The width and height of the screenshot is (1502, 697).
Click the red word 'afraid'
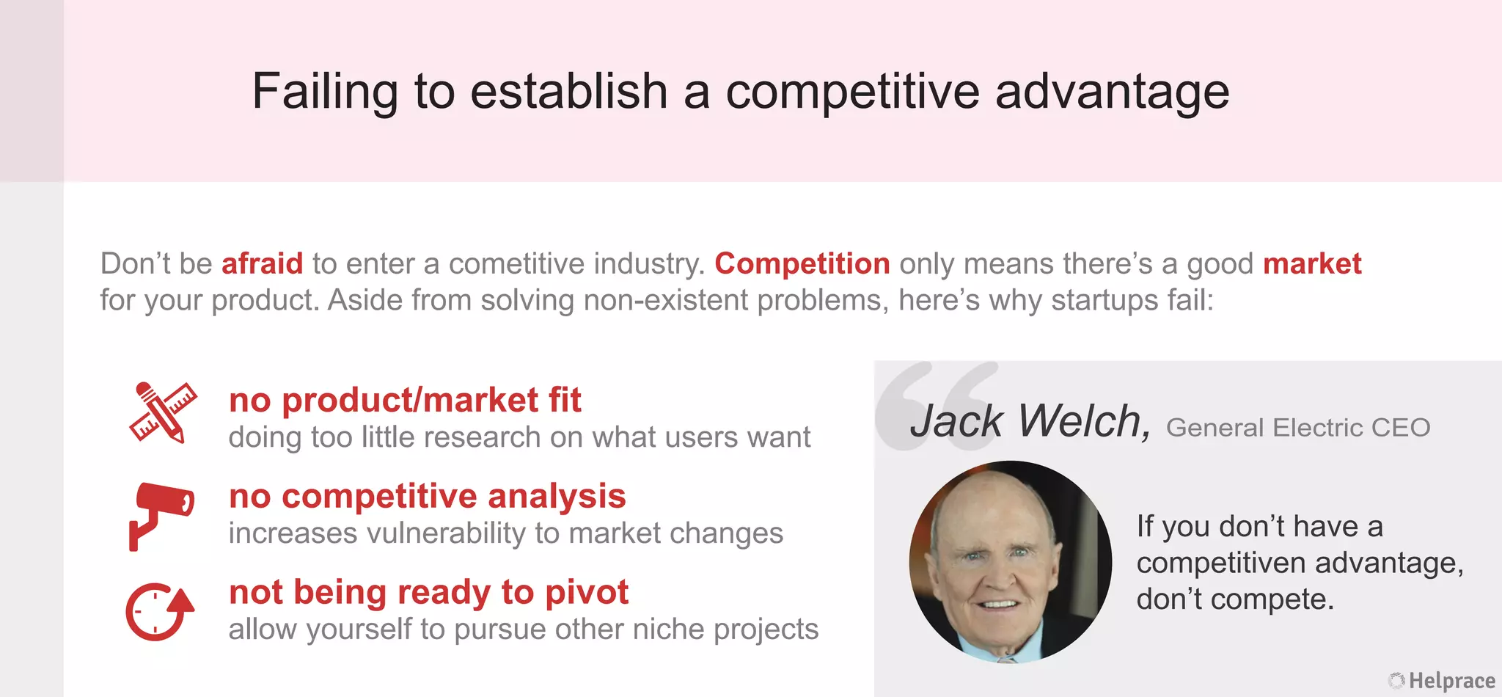coord(262,263)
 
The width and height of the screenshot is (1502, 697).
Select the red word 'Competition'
coord(802,263)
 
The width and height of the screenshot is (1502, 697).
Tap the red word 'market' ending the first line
coord(1311,263)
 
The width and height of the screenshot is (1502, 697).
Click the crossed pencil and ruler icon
coord(163,412)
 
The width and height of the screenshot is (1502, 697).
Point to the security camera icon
coord(161,513)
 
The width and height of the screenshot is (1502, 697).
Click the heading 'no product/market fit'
coord(405,401)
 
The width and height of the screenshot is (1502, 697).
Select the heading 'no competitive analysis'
coord(427,497)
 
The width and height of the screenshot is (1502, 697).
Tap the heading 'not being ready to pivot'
coord(428,592)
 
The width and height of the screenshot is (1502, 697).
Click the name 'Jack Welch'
coord(1028,421)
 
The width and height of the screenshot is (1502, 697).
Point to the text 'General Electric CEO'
coord(1297,428)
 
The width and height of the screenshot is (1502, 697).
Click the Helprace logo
coord(1442,681)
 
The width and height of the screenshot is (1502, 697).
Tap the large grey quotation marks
coord(935,404)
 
